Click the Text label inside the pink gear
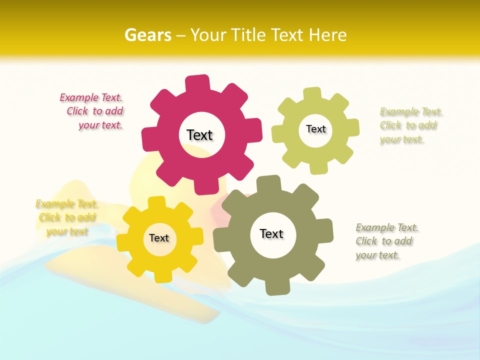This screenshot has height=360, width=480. point(199,135)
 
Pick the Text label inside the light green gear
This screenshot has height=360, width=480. point(315,129)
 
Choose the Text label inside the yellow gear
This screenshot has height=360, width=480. point(159,238)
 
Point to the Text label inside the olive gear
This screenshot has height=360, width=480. point(271,233)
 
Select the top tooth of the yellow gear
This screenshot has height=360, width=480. point(157,203)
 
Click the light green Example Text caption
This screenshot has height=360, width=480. point(410,125)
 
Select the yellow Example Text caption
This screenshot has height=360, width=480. point(66,217)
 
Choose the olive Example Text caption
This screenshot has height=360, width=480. point(386,241)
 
